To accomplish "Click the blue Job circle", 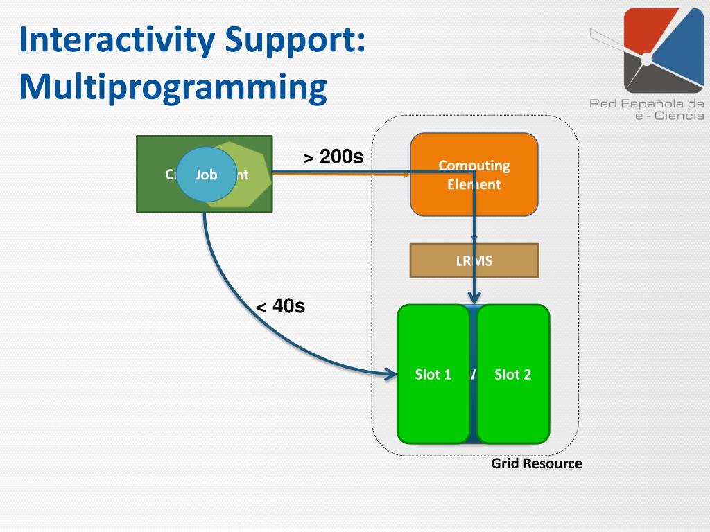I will pos(202,175).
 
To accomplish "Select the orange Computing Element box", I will pos(474,175).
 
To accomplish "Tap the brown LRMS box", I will pos(474,260).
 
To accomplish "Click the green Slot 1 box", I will pos(433,374).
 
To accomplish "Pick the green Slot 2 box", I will pos(513,374).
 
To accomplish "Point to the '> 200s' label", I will pos(333,158).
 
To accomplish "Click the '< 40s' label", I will pos(281,306).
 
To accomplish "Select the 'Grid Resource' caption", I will pos(537,463).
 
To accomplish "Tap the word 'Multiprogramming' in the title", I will pos(173,88).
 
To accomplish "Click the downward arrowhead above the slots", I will pos(474,298).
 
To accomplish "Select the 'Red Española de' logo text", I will pos(647,104).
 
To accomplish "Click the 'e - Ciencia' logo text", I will pos(665,116).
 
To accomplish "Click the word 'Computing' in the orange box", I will pos(474,166).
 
